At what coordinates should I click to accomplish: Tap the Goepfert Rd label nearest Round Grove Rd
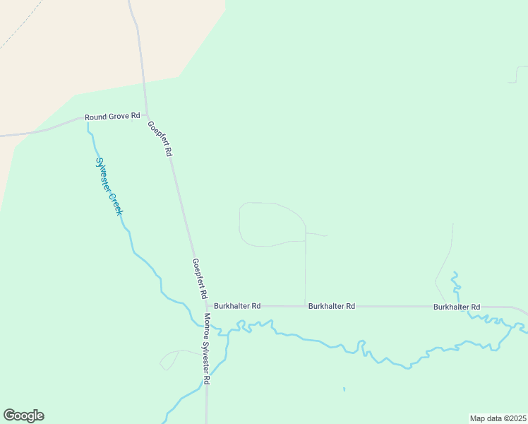tap(160, 138)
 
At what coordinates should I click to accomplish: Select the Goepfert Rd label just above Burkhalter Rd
tap(200, 277)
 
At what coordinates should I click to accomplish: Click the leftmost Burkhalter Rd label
tap(237, 306)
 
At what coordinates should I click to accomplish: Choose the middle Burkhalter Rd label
tap(331, 306)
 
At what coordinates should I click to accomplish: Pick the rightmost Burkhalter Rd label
tap(457, 307)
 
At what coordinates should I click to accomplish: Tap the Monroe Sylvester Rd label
tap(207, 348)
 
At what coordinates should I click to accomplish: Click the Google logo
tap(23, 415)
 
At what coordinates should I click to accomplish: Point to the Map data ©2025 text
tap(498, 418)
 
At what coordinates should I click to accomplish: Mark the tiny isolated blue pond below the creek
tap(344, 389)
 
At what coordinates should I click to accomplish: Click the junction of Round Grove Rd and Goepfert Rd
tap(147, 115)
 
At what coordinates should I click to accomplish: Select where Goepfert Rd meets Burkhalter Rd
tap(205, 306)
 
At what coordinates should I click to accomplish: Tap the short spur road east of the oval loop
tap(317, 234)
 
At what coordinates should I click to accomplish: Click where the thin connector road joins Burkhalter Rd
tap(305, 306)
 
